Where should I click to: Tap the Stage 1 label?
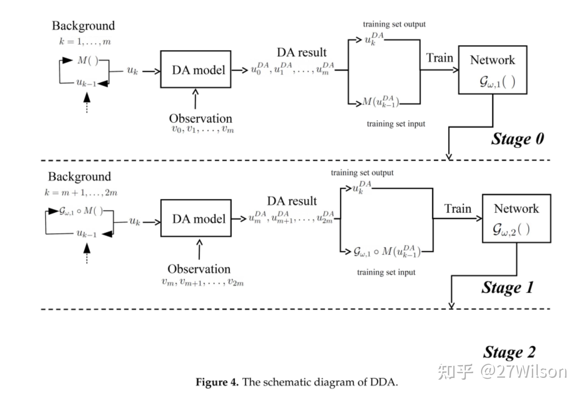click(507, 287)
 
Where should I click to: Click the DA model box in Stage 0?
click(196, 69)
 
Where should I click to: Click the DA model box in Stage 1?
click(196, 218)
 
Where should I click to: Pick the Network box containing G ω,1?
click(493, 70)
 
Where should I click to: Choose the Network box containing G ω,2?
click(516, 218)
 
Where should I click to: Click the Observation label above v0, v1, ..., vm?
click(201, 118)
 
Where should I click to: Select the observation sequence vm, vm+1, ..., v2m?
click(203, 282)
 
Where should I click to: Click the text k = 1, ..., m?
click(85, 41)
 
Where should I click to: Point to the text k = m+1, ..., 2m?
click(81, 192)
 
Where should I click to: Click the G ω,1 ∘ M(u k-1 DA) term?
click(387, 252)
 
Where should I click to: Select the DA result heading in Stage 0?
click(301, 53)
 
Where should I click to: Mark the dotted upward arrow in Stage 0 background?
click(87, 103)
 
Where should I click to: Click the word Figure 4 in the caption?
click(217, 382)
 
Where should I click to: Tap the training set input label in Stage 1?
click(386, 272)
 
